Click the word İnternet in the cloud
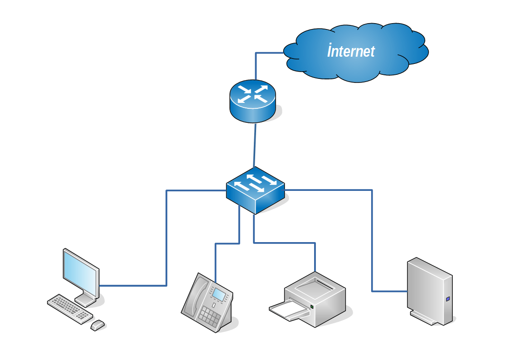pos(351,51)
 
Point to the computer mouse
pos(97,325)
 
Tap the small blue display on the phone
pos(219,295)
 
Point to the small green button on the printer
pos(312,308)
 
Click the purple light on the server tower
pos(448,299)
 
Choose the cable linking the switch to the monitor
pos(166,236)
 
